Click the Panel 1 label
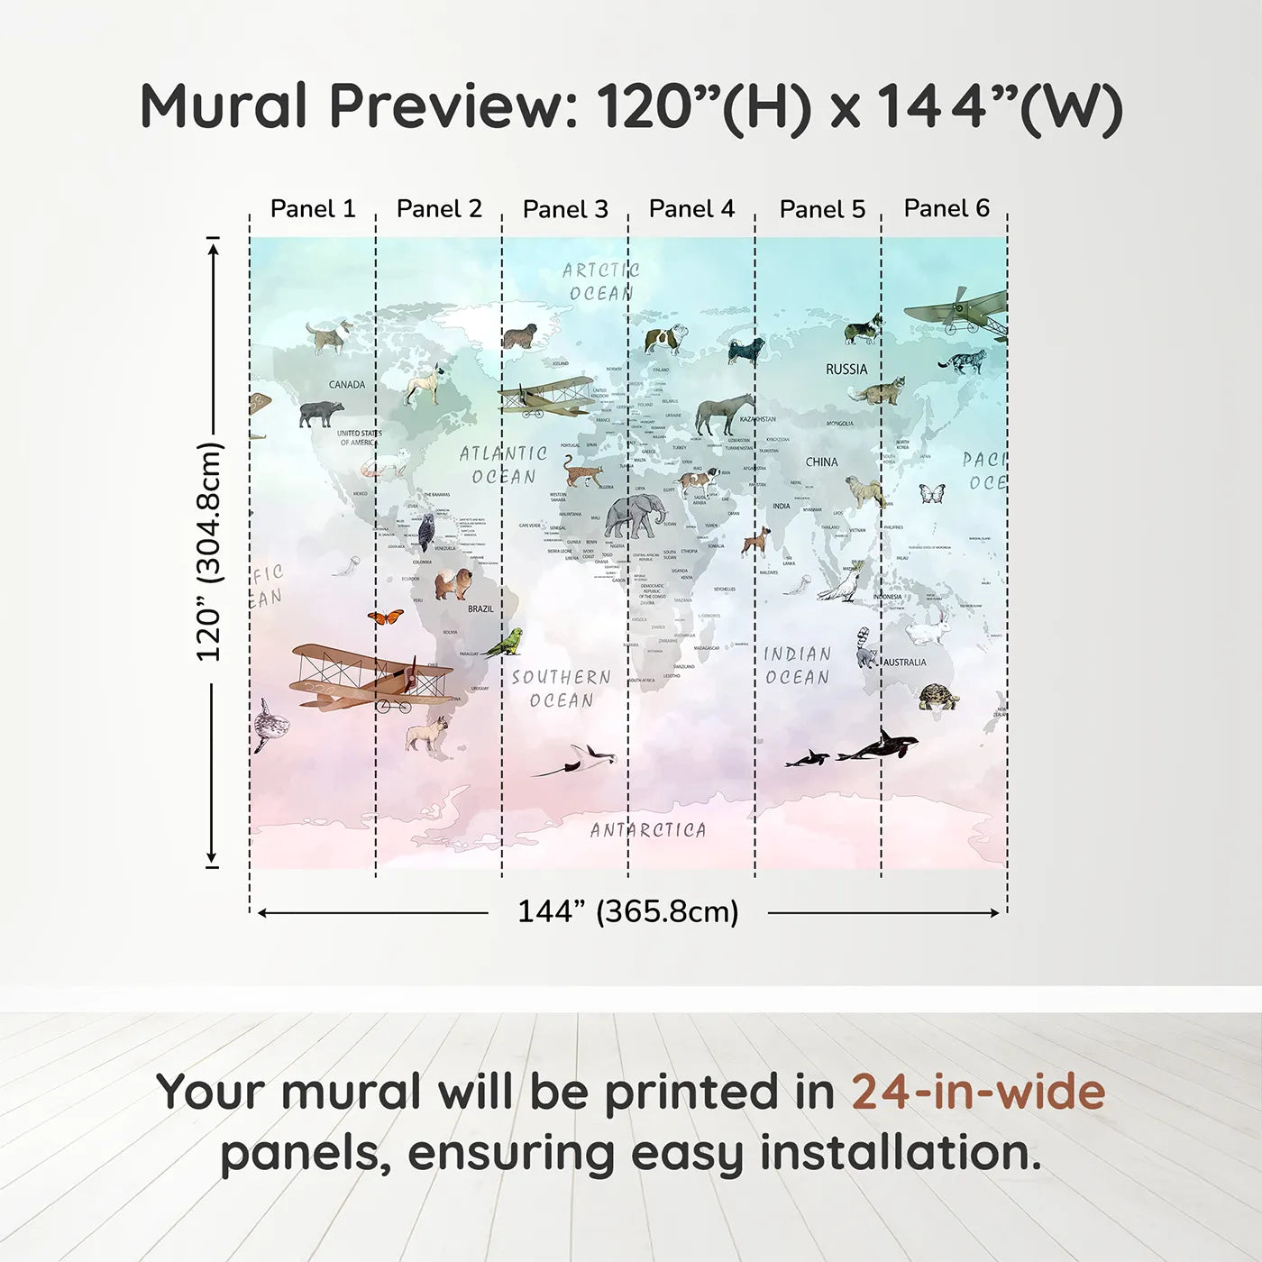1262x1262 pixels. pyautogui.click(x=313, y=209)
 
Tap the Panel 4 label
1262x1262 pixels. pyautogui.click(x=691, y=209)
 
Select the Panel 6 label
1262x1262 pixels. pyautogui.click(x=946, y=208)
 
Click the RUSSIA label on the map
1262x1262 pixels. pyautogui.click(x=846, y=370)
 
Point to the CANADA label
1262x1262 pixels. pyautogui.click(x=347, y=385)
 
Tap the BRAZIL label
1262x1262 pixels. pyautogui.click(x=480, y=609)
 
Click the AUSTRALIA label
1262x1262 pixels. pyautogui.click(x=905, y=663)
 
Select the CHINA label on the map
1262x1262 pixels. pyautogui.click(x=821, y=462)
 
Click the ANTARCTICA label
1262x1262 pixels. pyautogui.click(x=648, y=830)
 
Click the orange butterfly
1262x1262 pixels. pyautogui.click(x=386, y=617)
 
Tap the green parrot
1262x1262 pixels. pyautogui.click(x=505, y=642)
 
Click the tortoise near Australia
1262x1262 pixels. pyautogui.click(x=938, y=697)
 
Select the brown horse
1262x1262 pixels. pyautogui.click(x=725, y=414)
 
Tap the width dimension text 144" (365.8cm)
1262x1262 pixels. pyautogui.click(x=628, y=912)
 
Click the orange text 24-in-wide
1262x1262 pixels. pyautogui.click(x=978, y=1093)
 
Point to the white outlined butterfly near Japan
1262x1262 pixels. pyautogui.click(x=931, y=493)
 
